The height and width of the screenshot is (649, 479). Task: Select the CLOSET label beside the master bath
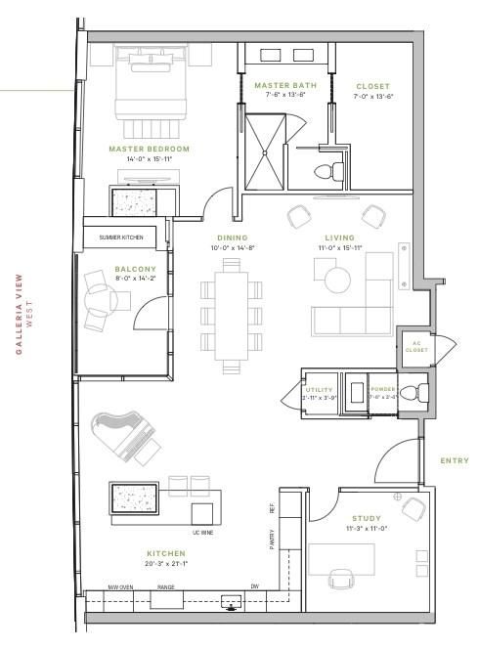(372, 87)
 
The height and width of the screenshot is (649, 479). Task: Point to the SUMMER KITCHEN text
(121, 238)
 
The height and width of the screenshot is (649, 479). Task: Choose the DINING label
(233, 238)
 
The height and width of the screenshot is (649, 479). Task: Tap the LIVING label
(339, 238)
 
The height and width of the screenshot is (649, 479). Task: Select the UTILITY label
(320, 389)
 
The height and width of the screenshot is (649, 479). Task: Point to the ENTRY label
(455, 460)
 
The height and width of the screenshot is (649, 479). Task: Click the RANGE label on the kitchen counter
(166, 587)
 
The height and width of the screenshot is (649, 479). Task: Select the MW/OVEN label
(120, 587)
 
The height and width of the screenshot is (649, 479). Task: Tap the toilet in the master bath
(327, 172)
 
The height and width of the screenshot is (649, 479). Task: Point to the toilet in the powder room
(416, 393)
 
